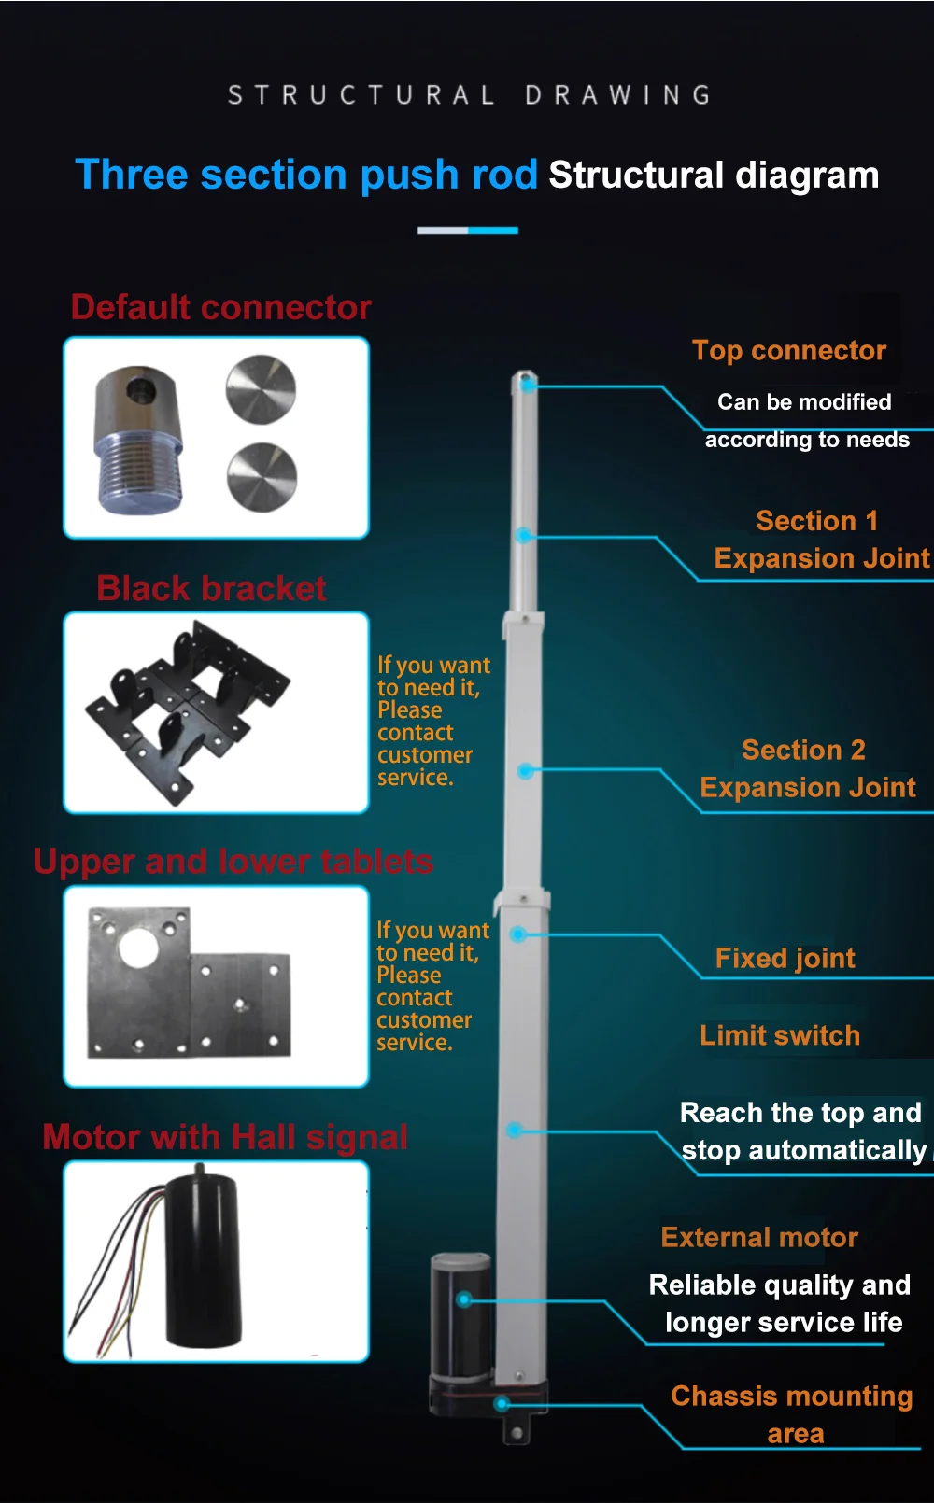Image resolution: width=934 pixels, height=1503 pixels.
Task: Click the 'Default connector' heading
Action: click(x=221, y=307)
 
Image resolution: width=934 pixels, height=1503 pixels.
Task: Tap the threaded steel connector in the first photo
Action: click(x=139, y=441)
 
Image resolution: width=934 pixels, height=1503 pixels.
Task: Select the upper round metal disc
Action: click(x=261, y=389)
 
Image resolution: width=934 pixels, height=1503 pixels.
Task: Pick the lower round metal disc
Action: click(x=262, y=477)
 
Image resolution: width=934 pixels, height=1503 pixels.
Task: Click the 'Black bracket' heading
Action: click(x=211, y=588)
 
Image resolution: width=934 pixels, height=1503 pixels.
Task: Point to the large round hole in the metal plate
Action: click(x=138, y=948)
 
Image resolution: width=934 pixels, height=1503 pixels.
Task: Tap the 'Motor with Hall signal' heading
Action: click(x=225, y=1137)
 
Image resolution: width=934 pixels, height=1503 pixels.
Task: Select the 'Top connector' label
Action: click(x=789, y=350)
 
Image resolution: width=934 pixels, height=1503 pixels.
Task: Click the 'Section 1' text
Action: click(x=817, y=521)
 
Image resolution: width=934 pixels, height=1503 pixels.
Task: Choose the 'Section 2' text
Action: click(x=804, y=750)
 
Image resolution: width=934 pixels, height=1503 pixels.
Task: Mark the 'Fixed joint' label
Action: click(x=785, y=958)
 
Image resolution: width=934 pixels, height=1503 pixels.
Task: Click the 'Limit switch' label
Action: click(x=780, y=1035)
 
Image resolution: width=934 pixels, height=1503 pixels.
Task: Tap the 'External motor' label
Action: click(x=759, y=1237)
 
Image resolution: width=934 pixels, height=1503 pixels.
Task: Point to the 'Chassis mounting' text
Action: click(x=792, y=1397)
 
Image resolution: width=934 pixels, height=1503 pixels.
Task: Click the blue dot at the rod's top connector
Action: click(x=529, y=386)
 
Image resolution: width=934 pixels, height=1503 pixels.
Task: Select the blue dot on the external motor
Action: click(x=464, y=1300)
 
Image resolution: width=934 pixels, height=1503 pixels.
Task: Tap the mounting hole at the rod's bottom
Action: click(x=517, y=1433)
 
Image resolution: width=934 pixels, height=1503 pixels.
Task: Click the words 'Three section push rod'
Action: click(x=306, y=175)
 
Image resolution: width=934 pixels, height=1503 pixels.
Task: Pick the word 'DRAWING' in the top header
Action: click(x=618, y=95)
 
